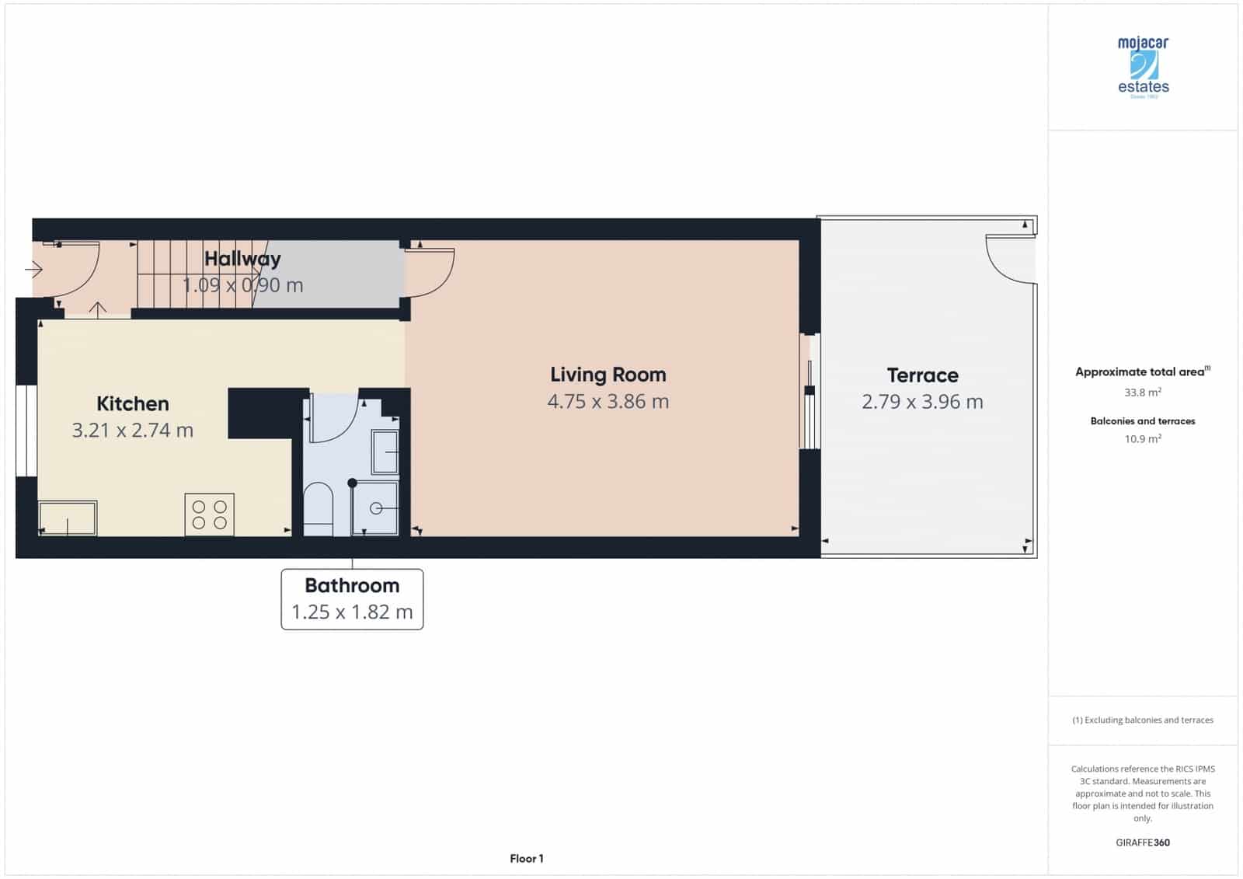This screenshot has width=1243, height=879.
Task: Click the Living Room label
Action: tap(608, 375)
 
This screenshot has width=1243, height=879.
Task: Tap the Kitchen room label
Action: tap(132, 403)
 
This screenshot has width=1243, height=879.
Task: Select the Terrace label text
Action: tap(922, 375)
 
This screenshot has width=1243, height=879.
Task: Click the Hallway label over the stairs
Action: tap(242, 259)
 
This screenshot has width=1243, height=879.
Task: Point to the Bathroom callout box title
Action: tap(352, 585)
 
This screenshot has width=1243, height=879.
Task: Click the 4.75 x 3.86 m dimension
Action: tap(608, 401)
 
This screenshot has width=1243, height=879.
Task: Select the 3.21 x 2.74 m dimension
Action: tap(132, 430)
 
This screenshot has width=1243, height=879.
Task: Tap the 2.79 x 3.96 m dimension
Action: tap(922, 402)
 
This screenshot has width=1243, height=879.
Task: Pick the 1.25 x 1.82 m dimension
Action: tap(352, 612)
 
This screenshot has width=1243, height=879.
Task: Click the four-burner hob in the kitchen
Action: tap(209, 514)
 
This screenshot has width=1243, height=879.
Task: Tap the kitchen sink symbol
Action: tap(68, 518)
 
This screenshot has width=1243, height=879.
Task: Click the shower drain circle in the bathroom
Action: tap(376, 508)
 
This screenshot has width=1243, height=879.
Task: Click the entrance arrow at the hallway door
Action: tap(33, 270)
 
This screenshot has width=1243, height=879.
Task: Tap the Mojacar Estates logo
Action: tap(1143, 68)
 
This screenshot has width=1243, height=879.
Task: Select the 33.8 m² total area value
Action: tap(1142, 392)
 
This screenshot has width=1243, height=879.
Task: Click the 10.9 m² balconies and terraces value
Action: tap(1142, 439)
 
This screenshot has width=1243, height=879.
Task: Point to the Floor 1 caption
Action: tap(527, 859)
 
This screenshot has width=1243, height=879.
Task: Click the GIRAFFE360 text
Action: tap(1142, 842)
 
